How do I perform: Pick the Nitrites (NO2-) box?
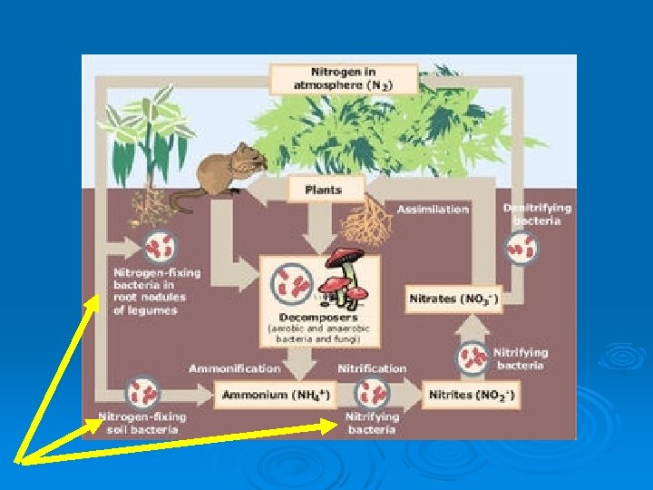(473, 397)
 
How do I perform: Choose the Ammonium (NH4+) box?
(274, 397)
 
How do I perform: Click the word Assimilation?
(433, 210)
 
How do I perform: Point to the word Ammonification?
(234, 368)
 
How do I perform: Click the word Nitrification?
(372, 368)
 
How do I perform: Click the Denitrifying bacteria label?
(537, 213)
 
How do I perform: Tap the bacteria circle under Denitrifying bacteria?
(522, 247)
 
